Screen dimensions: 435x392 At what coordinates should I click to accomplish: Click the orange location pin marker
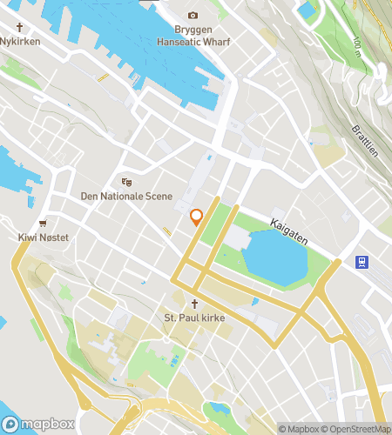click(x=196, y=217)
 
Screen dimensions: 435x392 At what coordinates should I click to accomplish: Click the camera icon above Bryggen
click(x=193, y=16)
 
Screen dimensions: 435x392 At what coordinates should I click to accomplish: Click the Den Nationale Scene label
click(x=126, y=197)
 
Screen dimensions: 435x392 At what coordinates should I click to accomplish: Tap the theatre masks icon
click(x=126, y=183)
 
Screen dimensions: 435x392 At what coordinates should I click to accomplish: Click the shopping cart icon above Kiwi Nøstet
click(x=42, y=224)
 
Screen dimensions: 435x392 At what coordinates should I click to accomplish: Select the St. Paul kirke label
click(x=195, y=318)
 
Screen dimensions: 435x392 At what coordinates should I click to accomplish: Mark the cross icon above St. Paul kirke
click(x=195, y=304)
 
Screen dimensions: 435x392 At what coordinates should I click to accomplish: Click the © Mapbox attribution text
click(x=299, y=429)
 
